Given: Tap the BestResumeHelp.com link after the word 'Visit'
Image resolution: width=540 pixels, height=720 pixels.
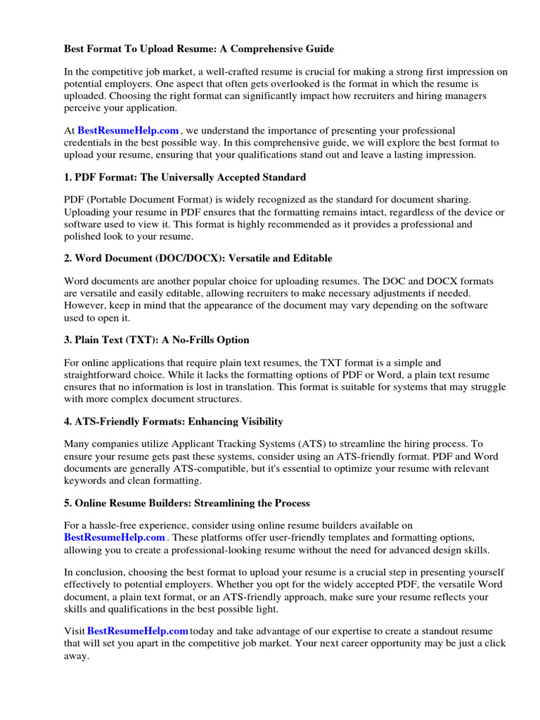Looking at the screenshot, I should [x=138, y=631].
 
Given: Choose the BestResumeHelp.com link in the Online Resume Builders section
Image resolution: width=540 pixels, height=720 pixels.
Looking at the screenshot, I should [x=115, y=537].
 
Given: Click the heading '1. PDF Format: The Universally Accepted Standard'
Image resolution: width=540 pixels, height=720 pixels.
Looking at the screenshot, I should [x=185, y=177].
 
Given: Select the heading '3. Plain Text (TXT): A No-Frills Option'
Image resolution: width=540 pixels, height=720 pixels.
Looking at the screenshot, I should [x=157, y=340].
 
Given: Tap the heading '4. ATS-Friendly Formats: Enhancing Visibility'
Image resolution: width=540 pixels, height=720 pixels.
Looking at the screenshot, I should [x=174, y=421].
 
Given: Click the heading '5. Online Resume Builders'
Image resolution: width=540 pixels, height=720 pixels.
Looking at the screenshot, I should [x=187, y=503].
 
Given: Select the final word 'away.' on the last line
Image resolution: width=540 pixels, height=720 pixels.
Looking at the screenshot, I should [x=77, y=655].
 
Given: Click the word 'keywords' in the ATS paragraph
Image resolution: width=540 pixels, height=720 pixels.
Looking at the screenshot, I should [x=86, y=481].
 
